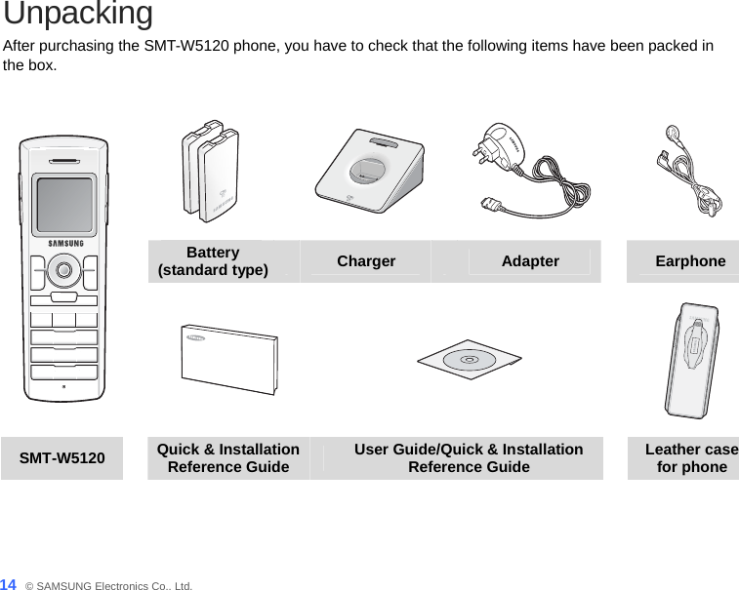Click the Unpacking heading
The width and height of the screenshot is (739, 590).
tap(78, 15)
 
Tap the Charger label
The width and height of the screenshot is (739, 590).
tap(366, 261)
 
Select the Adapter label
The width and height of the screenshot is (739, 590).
tap(530, 261)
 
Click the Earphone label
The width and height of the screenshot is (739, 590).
tap(690, 261)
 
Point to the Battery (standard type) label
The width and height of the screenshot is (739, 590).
tap(214, 261)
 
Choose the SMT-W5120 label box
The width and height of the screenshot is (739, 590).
tap(63, 457)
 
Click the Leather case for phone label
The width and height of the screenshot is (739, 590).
tap(691, 457)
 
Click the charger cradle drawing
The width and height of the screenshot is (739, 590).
tap(369, 174)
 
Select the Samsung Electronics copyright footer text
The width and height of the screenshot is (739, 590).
tap(109, 585)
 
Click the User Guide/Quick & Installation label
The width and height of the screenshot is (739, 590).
tap(469, 457)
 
